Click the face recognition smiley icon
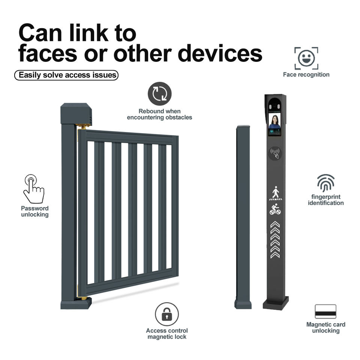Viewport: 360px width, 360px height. pos(306,58)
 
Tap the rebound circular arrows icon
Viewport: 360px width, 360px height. pos(159,94)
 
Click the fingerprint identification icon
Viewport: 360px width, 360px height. pos(325,183)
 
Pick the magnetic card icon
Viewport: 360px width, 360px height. pos(325,311)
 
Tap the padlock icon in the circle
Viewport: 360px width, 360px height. pos(167,314)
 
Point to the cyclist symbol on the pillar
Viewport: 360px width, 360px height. pos(275,210)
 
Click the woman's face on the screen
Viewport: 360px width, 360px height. pos(274,121)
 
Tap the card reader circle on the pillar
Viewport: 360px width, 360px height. pos(276,153)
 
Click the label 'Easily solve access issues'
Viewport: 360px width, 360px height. pos(67,75)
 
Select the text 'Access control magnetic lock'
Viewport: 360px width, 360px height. pos(167,333)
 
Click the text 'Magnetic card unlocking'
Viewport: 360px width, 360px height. pos(325,327)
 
